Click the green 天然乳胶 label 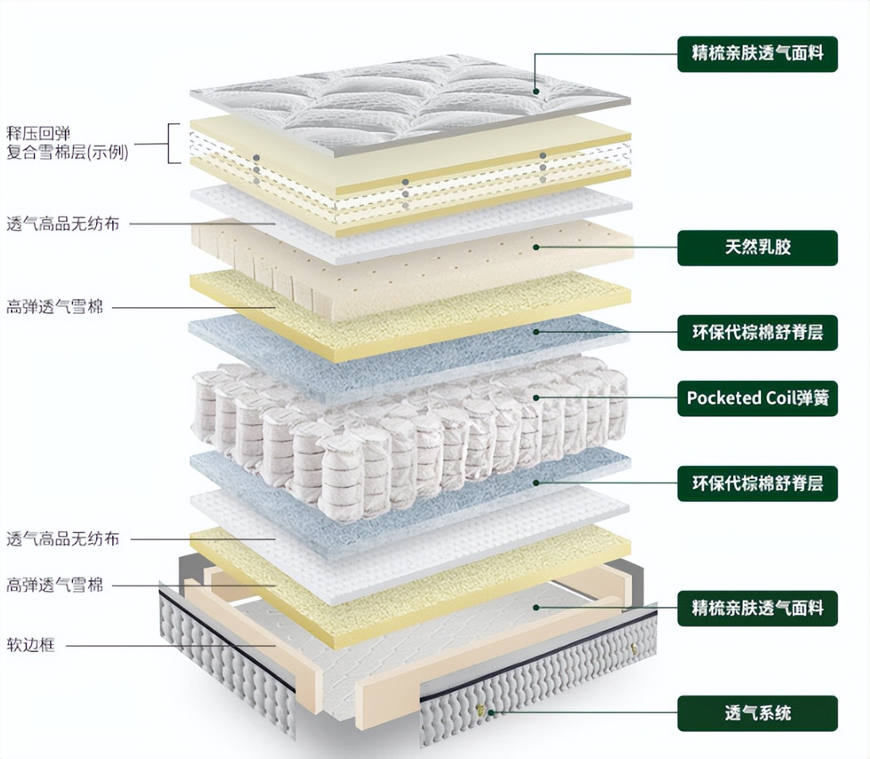point(757,248)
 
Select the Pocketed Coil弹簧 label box point(757,398)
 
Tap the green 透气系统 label point(757,713)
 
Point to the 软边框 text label point(30,645)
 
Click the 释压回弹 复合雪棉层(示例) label point(67,143)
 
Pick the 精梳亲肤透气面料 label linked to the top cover point(757,53)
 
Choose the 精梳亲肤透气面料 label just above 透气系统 point(757,607)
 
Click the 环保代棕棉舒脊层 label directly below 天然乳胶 point(757,332)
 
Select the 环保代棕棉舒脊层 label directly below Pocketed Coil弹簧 point(757,483)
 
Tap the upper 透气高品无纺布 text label point(63,224)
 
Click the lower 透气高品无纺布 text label point(63,539)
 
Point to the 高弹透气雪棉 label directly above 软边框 point(55,585)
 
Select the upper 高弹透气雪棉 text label point(55,307)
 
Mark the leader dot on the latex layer point(536,248)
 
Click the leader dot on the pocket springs point(536,398)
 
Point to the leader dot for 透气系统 point(492,713)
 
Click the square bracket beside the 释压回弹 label point(174,143)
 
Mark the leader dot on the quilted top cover point(536,91)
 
